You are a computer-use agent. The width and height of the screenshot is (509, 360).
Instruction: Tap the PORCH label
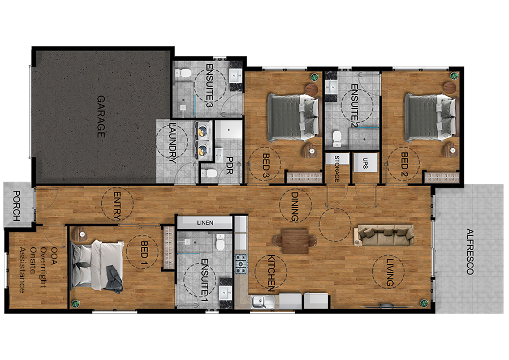pyautogui.click(x=17, y=206)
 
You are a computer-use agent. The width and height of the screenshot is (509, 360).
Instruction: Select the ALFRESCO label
pyautogui.click(x=469, y=251)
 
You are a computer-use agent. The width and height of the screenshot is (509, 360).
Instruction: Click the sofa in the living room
pyautogui.click(x=384, y=234)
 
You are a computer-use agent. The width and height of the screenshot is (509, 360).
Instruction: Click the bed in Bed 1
pyautogui.click(x=97, y=265)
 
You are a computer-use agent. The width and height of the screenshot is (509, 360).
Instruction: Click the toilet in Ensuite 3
pyautogui.click(x=182, y=74)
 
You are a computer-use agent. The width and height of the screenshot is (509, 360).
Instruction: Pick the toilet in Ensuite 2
pyautogui.click(x=337, y=138)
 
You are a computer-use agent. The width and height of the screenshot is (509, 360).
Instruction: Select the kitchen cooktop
pyautogui.click(x=241, y=262)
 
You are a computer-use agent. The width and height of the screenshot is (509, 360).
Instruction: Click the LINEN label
pyautogui.click(x=205, y=223)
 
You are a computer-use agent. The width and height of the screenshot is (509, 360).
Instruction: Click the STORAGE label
pyautogui.click(x=337, y=168)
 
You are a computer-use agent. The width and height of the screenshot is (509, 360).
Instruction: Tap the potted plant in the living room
pyautogui.click(x=422, y=302)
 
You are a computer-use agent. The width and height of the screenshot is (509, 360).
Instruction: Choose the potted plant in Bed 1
pyautogui.click(x=75, y=303)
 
